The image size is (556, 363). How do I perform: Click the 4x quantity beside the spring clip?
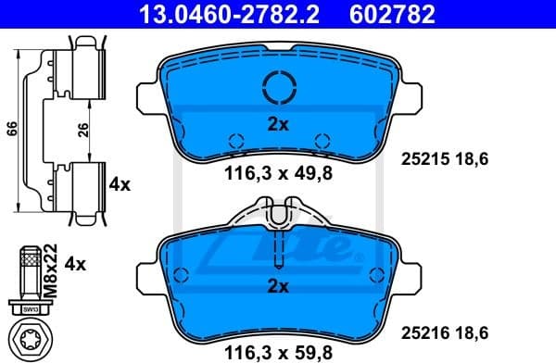[x=120, y=184]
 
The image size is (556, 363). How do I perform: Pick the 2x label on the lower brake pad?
[x=278, y=287]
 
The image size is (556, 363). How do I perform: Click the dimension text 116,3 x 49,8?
[x=278, y=171]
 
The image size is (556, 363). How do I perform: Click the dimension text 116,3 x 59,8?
[x=278, y=353]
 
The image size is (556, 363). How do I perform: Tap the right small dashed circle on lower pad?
[x=376, y=274]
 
